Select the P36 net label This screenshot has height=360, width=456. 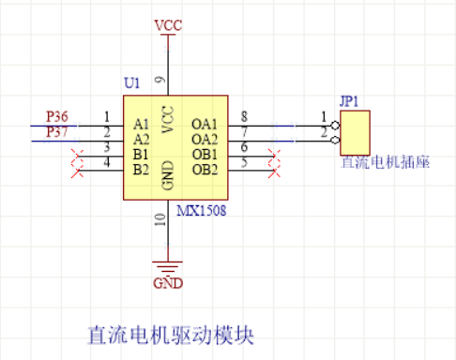tap(57, 115)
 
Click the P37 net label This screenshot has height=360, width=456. tap(57, 131)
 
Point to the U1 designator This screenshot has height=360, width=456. tap(131, 84)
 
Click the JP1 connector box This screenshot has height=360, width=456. tap(357, 132)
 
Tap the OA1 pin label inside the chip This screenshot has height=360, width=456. tap(205, 124)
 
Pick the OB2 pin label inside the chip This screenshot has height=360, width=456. tap(205, 169)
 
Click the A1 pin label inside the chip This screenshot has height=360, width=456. tap(142, 124)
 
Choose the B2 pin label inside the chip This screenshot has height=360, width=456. tap(142, 169)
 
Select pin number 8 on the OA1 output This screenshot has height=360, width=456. tap(244, 116)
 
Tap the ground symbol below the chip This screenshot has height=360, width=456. tap(166, 264)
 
